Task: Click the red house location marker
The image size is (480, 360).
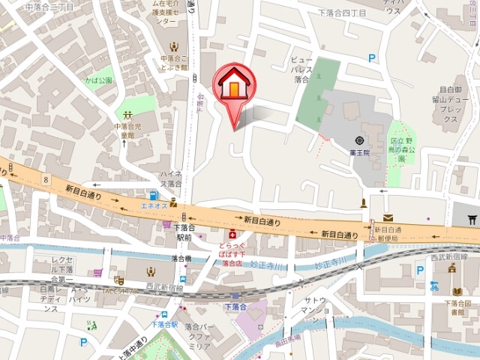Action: [x=234, y=87]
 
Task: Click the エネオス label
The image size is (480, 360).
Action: [x=153, y=205]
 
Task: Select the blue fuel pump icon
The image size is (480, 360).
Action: [x=153, y=195]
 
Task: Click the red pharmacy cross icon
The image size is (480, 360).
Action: [x=232, y=235]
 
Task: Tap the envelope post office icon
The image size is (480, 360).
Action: [x=387, y=217]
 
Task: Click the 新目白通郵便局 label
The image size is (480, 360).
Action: [x=389, y=233]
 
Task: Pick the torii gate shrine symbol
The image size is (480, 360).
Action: [x=471, y=219]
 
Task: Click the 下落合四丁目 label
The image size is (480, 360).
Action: [x=341, y=13]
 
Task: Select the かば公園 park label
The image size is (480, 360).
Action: [x=97, y=79]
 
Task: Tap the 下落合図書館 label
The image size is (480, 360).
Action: [x=457, y=307]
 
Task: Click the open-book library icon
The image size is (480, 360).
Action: [x=457, y=290]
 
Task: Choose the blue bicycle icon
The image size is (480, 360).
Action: [x=434, y=285]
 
